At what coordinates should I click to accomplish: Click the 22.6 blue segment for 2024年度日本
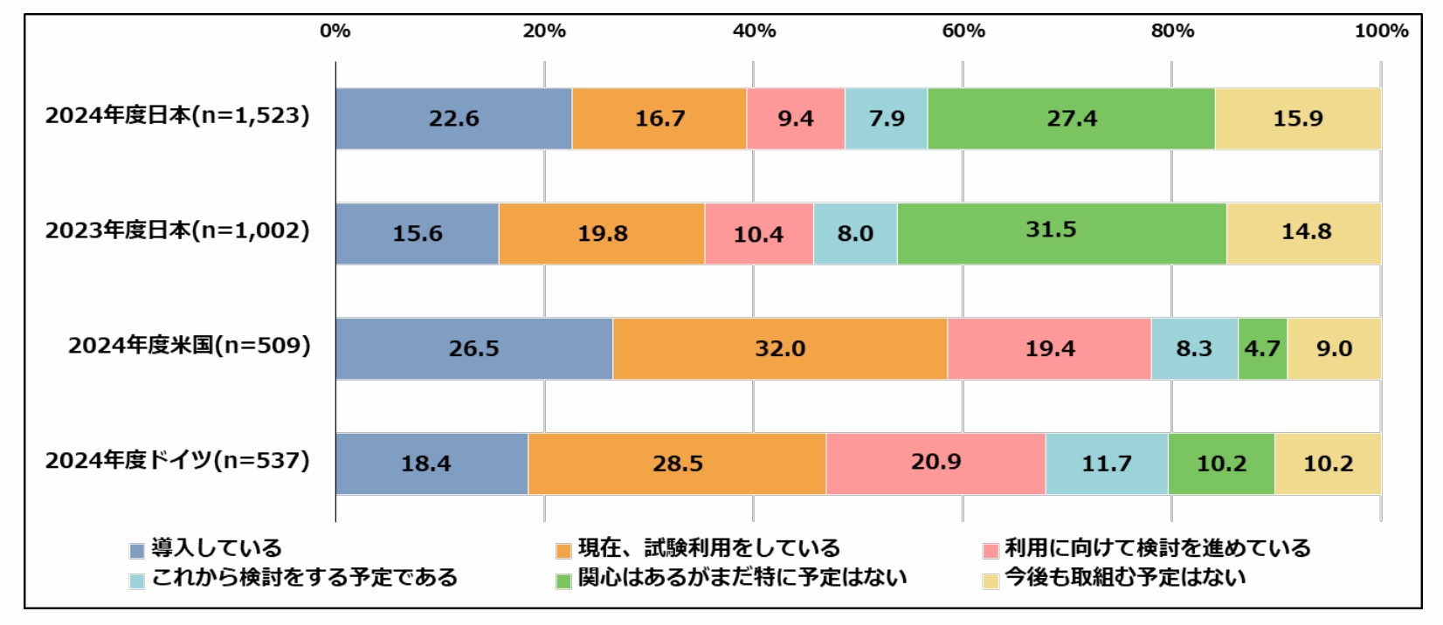click(453, 119)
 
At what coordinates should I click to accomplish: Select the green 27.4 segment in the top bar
click(1071, 119)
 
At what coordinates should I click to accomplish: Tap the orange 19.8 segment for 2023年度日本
click(602, 234)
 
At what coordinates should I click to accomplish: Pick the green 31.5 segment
click(1061, 234)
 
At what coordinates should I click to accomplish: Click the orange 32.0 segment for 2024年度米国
click(780, 349)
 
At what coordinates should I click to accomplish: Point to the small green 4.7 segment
click(1262, 349)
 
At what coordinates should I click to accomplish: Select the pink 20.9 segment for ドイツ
click(936, 464)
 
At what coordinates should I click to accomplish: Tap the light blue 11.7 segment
click(1107, 464)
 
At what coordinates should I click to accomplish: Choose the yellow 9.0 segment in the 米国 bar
click(1334, 349)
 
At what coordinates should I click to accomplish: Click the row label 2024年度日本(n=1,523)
click(177, 116)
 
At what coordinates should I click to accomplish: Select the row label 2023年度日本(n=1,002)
click(177, 230)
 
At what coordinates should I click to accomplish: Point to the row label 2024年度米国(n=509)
click(189, 346)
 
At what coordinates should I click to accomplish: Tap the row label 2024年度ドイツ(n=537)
click(177, 460)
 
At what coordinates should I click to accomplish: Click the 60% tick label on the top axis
click(963, 31)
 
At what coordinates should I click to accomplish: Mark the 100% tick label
click(1380, 31)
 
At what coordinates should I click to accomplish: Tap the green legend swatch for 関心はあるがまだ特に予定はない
click(563, 580)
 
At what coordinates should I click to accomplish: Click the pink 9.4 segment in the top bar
click(795, 119)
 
